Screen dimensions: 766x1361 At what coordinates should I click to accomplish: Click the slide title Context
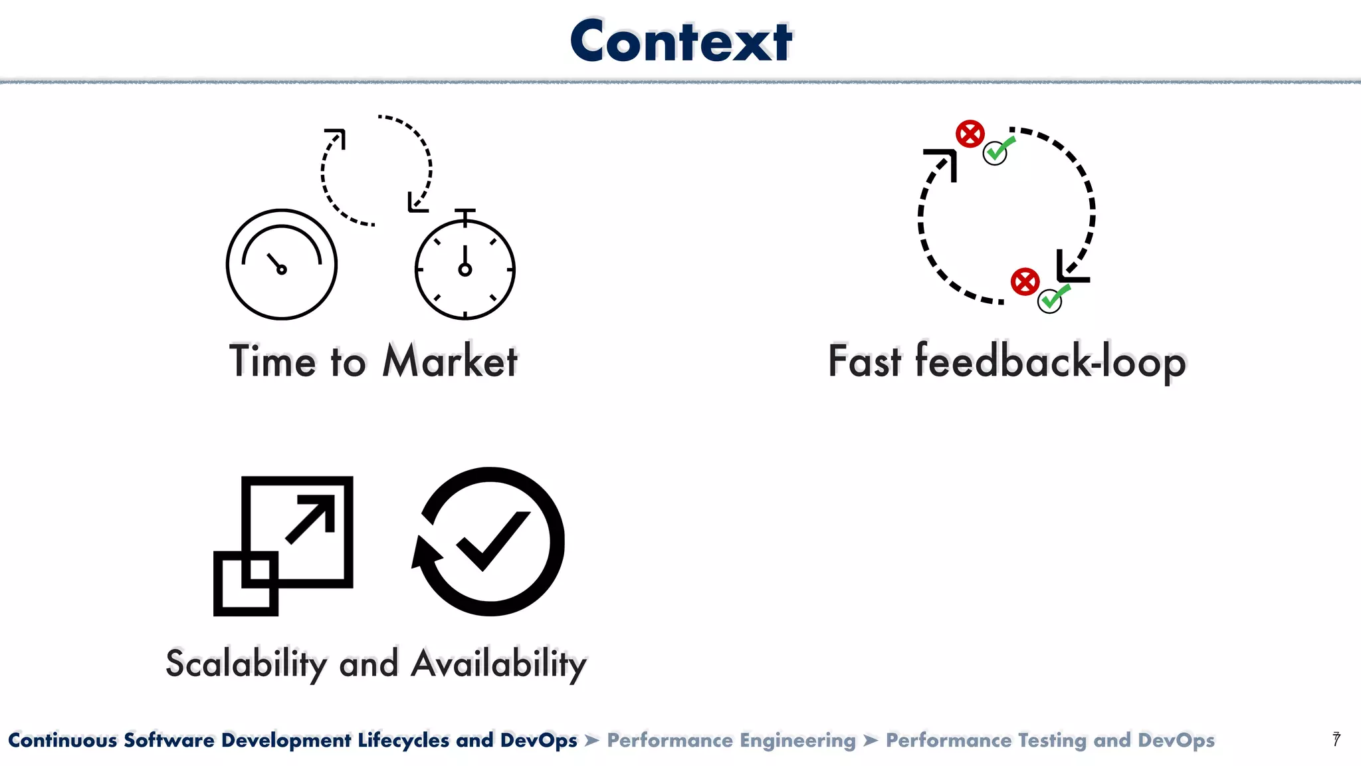[680, 41]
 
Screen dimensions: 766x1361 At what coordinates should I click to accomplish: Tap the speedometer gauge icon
[282, 265]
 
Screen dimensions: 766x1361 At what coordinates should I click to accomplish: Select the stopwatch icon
[465, 269]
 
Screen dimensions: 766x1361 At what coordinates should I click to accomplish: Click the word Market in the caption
[450, 362]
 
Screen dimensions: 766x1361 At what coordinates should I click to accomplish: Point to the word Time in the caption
[272, 362]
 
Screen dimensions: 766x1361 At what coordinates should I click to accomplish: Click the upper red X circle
[970, 134]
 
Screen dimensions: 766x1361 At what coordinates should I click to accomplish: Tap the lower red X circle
[1025, 282]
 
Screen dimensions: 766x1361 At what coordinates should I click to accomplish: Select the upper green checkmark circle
[995, 153]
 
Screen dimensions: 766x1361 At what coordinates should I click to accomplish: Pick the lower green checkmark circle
[1050, 301]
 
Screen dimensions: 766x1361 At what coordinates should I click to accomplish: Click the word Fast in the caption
[865, 362]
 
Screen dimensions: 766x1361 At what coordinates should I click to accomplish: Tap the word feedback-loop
[1050, 362]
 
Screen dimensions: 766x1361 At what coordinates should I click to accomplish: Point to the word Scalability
[246, 664]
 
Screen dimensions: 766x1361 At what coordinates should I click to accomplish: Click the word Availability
[498, 664]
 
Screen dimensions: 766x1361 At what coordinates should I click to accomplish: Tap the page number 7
[1336, 739]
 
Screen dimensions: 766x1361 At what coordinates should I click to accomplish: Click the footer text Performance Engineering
[731, 740]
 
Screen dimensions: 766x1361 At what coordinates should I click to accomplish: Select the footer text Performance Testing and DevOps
[1050, 740]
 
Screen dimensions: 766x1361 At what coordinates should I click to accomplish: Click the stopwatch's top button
[465, 212]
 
